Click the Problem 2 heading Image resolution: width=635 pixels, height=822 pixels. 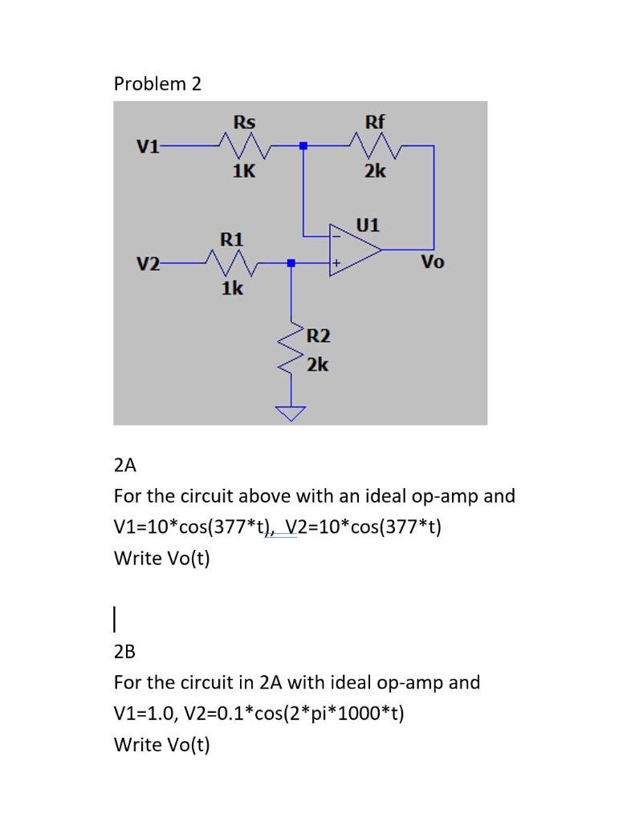[157, 83]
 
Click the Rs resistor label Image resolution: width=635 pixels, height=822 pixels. [244, 123]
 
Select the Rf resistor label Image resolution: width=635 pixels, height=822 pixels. [375, 123]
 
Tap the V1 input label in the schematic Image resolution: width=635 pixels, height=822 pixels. [148, 147]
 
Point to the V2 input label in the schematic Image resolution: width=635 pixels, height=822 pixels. [148, 263]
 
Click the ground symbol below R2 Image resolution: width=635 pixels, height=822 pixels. [291, 413]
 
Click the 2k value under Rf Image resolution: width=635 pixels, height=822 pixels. [374, 171]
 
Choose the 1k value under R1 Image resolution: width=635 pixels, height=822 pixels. [233, 288]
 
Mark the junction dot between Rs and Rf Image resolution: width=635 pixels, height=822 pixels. [303, 146]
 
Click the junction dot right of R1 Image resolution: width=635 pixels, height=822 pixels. [291, 262]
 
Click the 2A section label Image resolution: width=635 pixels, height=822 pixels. [125, 465]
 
